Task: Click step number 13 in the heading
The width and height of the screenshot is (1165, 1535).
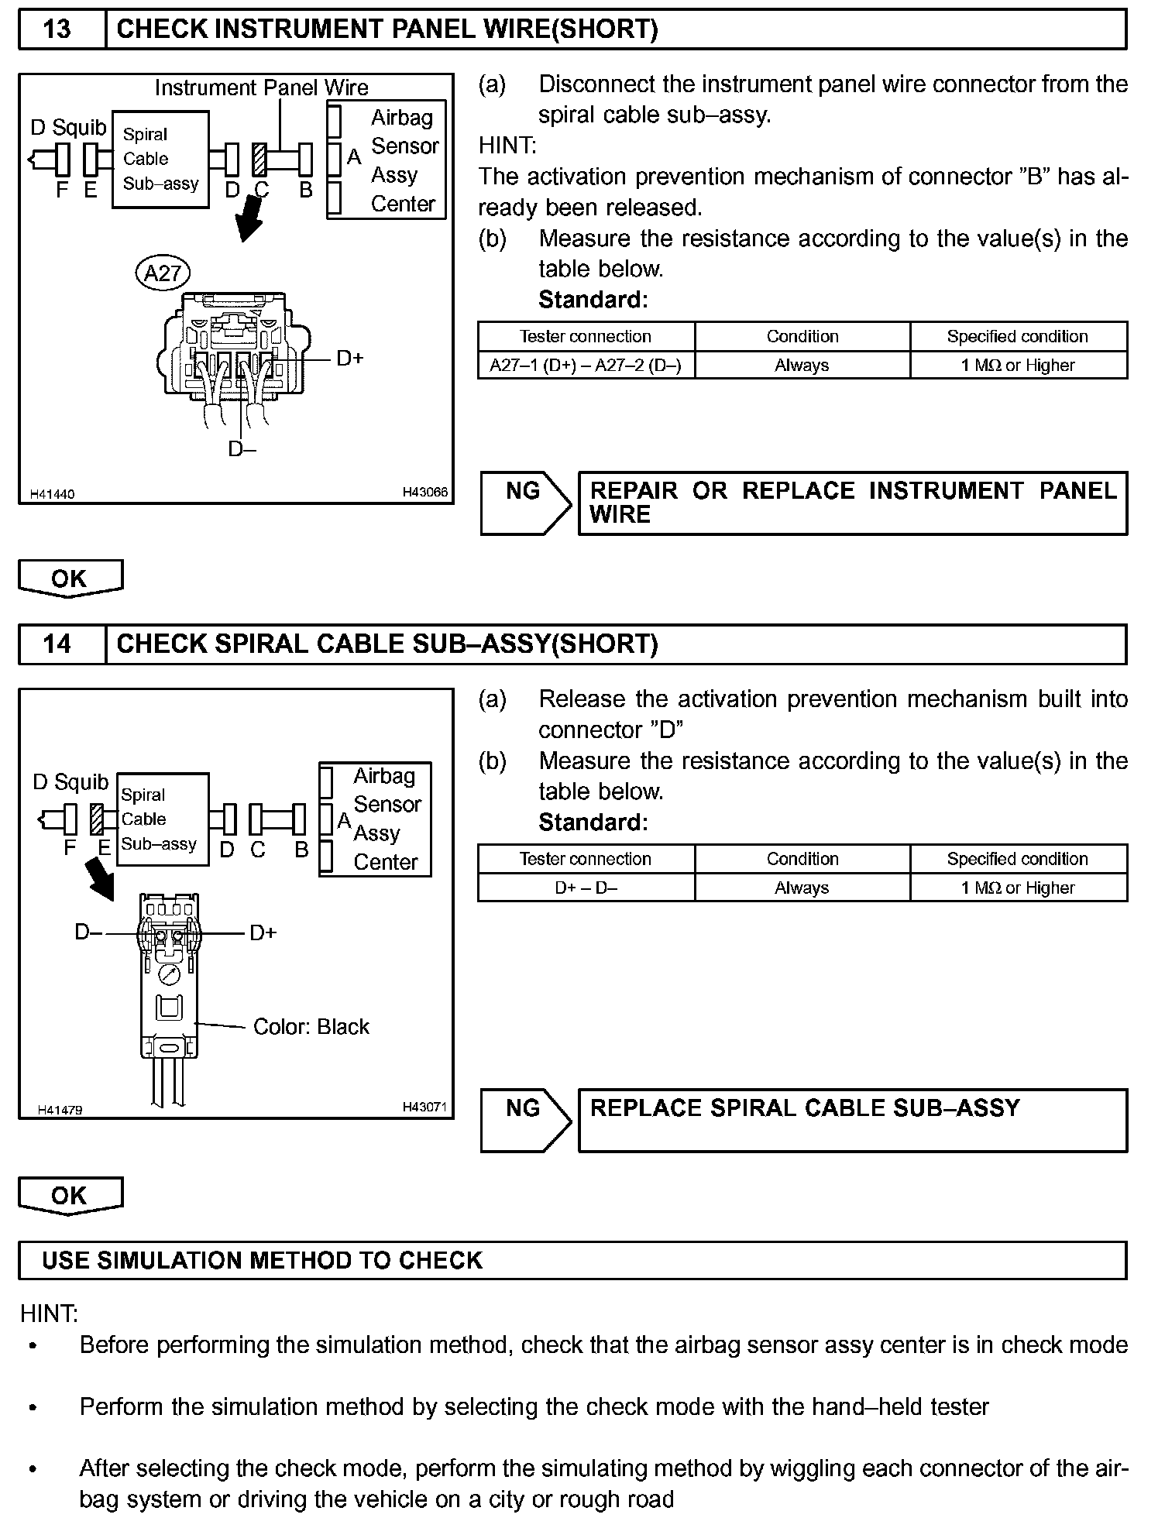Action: [57, 29]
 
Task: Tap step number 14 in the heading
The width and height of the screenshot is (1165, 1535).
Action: [57, 644]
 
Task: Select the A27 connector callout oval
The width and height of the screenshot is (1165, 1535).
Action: [163, 273]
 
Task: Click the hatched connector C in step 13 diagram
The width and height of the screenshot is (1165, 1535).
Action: [260, 160]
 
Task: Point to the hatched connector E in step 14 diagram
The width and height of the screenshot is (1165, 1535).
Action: [98, 820]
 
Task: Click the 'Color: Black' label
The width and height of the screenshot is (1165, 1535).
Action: [311, 1027]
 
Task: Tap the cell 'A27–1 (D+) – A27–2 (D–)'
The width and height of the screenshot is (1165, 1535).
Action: [586, 366]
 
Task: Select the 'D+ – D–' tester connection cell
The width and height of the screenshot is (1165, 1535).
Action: [586, 888]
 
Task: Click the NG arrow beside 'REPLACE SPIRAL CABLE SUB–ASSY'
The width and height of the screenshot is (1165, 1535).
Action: [525, 1121]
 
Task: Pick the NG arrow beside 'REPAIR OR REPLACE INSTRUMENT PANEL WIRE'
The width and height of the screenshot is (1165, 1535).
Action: [525, 503]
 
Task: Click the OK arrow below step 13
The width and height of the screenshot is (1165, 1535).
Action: [70, 579]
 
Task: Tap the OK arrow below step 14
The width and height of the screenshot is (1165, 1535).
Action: [70, 1195]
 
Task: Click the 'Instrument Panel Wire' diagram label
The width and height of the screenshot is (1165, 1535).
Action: [261, 88]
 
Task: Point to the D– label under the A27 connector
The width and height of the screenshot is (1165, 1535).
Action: [242, 448]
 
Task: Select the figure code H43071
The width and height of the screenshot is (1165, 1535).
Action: [424, 1107]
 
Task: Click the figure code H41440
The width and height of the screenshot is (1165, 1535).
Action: [53, 494]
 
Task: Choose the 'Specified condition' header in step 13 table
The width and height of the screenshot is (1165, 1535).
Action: [1017, 337]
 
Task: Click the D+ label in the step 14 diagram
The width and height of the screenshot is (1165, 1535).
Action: [263, 933]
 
